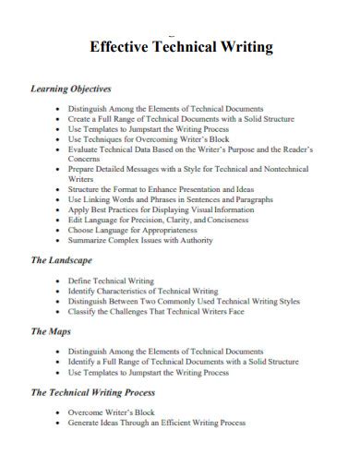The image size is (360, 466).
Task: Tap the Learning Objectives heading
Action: point(71,90)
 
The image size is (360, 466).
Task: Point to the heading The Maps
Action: point(53,330)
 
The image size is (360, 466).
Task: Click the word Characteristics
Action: point(146,290)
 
